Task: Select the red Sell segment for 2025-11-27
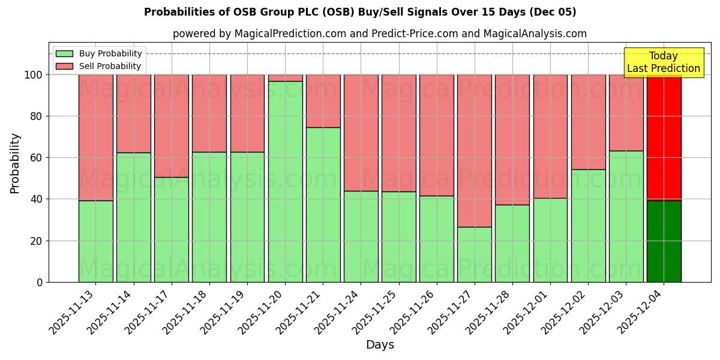coord(475,151)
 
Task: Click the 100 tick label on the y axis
coord(34,75)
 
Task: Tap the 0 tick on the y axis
coord(40,282)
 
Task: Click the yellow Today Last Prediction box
coord(664,62)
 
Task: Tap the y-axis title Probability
coord(15,163)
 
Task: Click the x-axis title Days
coord(380,345)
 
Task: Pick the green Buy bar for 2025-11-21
coord(323,205)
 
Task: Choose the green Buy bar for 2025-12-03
coord(626,216)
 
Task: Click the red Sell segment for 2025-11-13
coord(95,137)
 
